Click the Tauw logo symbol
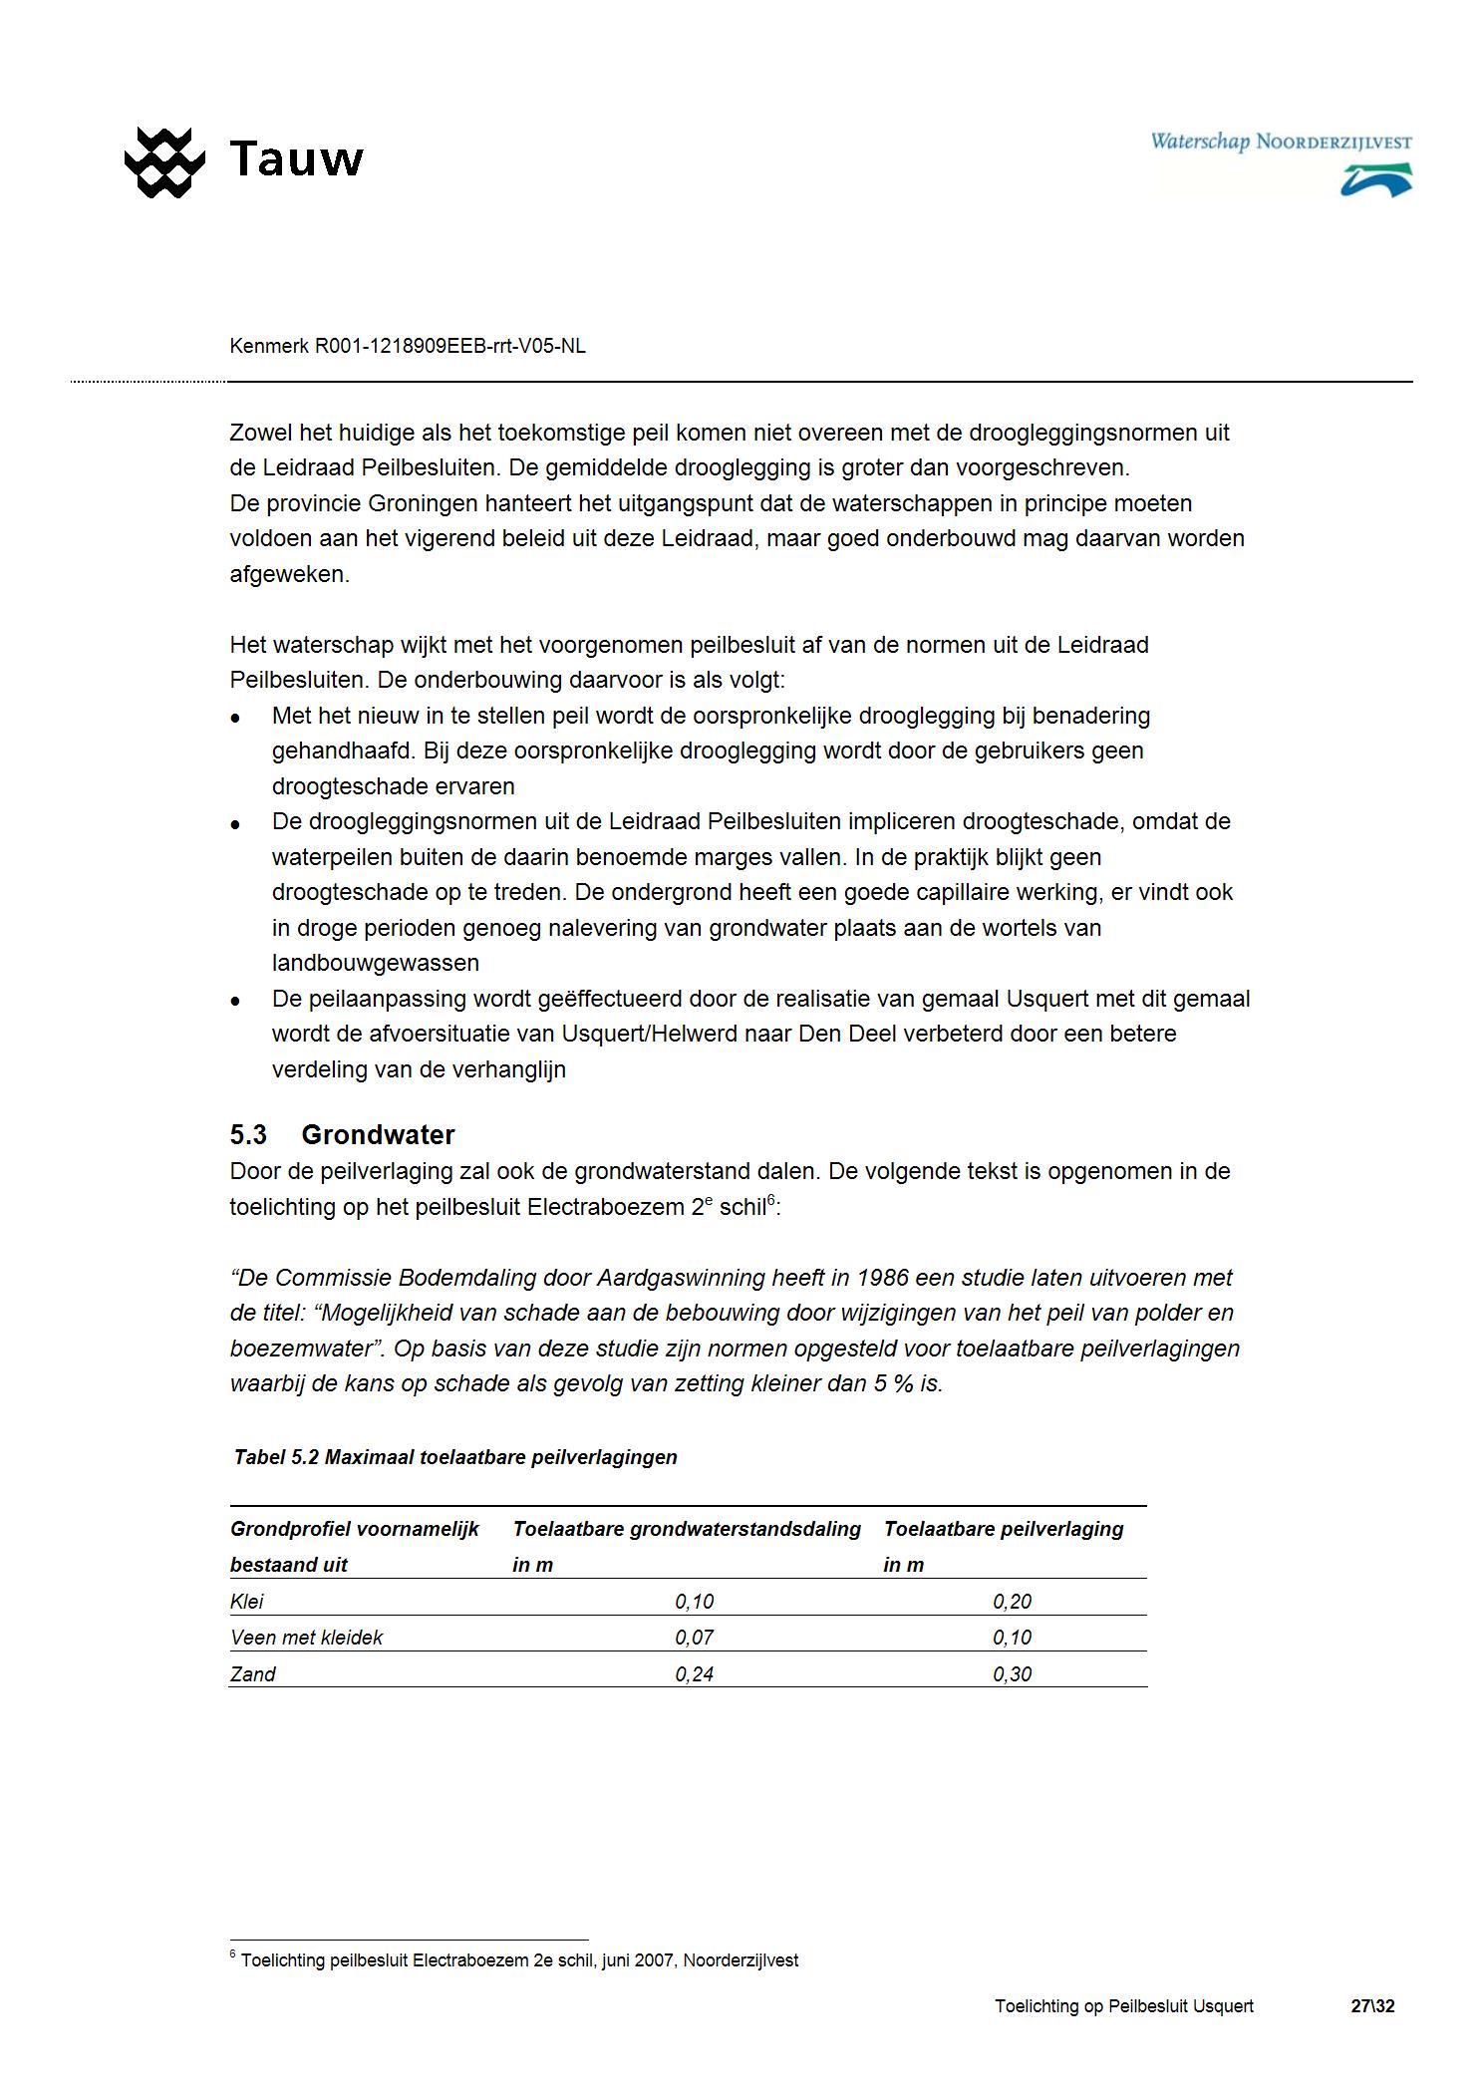[x=164, y=161]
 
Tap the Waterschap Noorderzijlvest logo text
[x=1280, y=142]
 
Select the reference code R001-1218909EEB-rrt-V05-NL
[x=449, y=346]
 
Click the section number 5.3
[x=248, y=1134]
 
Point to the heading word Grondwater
[x=378, y=1134]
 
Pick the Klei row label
[x=247, y=1602]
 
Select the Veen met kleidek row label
[x=306, y=1638]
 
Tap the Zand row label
[x=252, y=1674]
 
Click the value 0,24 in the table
[x=694, y=1674]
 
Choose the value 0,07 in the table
[x=694, y=1638]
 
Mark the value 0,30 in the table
[x=1012, y=1674]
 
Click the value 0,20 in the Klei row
[x=1012, y=1602]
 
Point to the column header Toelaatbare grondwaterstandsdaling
[x=687, y=1529]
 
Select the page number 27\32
[x=1372, y=2006]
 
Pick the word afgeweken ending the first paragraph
[x=289, y=574]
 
